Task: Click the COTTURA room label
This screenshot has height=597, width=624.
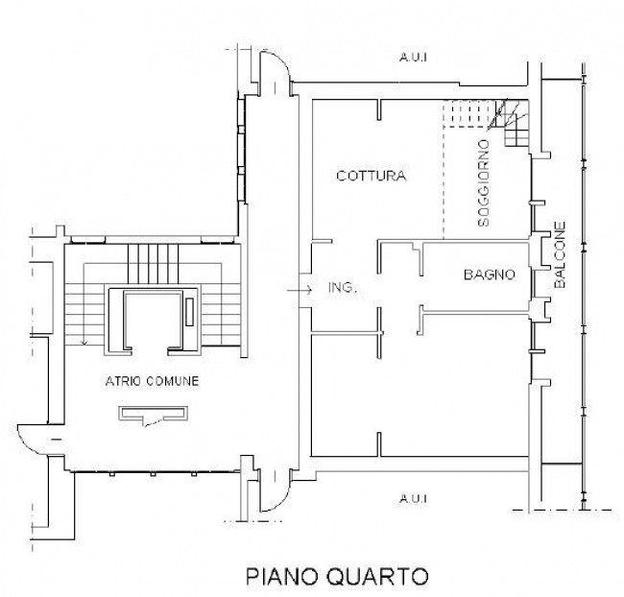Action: [x=372, y=176]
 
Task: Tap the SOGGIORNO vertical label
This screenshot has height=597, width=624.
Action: [x=484, y=183]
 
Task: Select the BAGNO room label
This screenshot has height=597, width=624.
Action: [x=490, y=275]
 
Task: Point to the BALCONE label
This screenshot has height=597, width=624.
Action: [x=560, y=254]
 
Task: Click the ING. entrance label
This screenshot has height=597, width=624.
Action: [x=343, y=287]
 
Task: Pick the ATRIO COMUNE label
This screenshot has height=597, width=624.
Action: [x=152, y=381]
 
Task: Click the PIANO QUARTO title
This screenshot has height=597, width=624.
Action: [x=337, y=576]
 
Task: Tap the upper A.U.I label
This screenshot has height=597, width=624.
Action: [x=413, y=58]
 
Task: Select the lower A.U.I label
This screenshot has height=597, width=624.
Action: [x=413, y=498]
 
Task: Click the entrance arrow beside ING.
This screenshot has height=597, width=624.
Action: [x=300, y=290]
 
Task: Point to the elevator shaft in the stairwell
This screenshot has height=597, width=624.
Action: [x=154, y=321]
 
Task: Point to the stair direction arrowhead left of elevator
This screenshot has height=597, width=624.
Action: [x=84, y=342]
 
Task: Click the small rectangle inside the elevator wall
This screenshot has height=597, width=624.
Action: [x=189, y=312]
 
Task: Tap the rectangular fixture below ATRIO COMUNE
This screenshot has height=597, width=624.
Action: [x=155, y=415]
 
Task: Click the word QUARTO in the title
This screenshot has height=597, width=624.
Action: [x=376, y=576]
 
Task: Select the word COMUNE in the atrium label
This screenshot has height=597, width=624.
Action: [x=172, y=381]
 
